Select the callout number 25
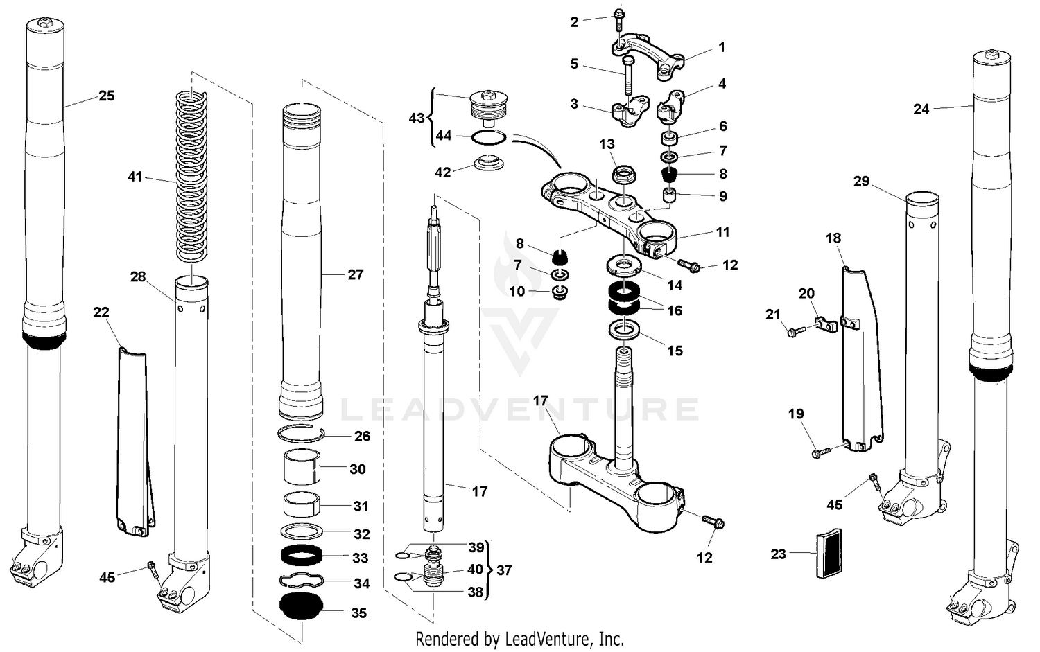(106, 96)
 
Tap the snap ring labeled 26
(301, 435)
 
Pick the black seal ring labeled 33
(301, 556)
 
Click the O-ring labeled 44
(489, 138)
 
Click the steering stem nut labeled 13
(623, 175)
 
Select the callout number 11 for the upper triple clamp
(723, 232)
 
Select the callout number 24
(921, 109)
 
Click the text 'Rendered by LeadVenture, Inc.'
(519, 638)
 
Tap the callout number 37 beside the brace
(504, 570)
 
